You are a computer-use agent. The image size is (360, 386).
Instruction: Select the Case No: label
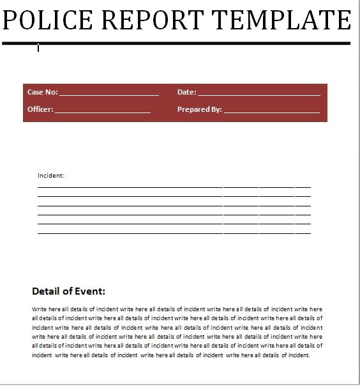click(42, 92)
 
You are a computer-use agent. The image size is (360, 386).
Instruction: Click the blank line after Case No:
click(109, 94)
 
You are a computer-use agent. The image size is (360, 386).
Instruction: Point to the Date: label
click(186, 92)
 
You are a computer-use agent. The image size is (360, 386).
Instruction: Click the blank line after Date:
click(259, 94)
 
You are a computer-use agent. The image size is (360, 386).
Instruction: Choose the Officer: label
click(40, 109)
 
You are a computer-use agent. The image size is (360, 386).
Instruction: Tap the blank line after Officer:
click(103, 111)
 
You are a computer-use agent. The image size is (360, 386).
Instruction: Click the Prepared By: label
click(199, 109)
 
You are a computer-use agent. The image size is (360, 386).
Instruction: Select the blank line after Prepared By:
click(271, 111)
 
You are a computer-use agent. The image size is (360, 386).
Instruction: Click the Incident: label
click(51, 174)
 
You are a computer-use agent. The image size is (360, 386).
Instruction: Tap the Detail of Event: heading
click(68, 291)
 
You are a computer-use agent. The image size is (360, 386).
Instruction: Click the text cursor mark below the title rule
click(38, 48)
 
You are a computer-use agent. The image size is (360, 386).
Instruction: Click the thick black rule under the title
click(176, 43)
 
